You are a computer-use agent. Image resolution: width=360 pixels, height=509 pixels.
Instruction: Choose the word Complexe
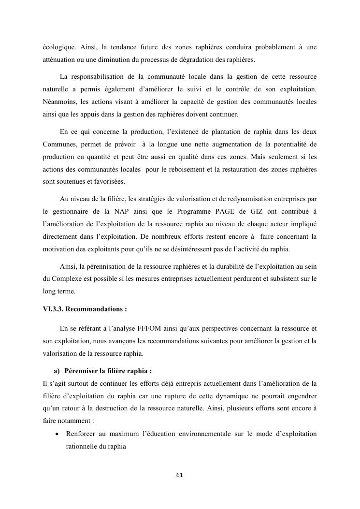pyautogui.click(x=68, y=279)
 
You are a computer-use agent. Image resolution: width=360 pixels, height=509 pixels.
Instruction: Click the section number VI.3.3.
pyautogui.click(x=55, y=308)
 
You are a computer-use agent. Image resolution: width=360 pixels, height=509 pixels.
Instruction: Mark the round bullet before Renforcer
pyautogui.click(x=57, y=434)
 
